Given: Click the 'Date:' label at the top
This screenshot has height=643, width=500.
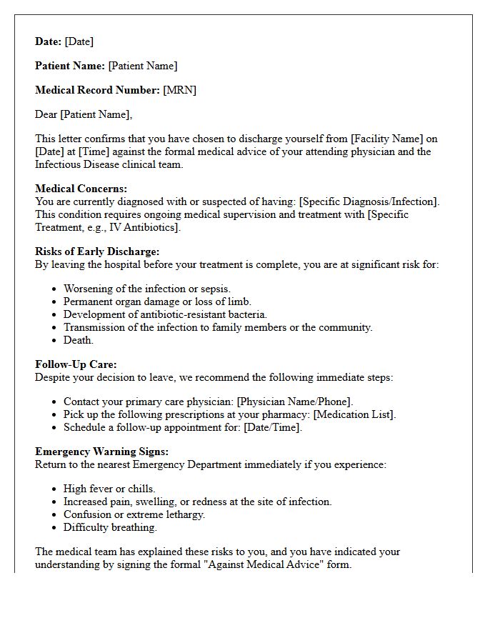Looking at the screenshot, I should pyautogui.click(x=49, y=41).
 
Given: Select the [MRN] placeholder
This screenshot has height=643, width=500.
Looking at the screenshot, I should pyautogui.click(x=179, y=90).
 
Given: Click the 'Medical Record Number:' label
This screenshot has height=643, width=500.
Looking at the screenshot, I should pyautogui.click(x=97, y=90).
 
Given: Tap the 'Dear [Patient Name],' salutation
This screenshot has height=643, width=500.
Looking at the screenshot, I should pyautogui.click(x=84, y=114).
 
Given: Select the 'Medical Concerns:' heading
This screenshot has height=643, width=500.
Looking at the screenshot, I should pyautogui.click(x=81, y=189).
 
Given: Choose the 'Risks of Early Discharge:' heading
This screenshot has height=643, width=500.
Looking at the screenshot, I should pyautogui.click(x=97, y=251).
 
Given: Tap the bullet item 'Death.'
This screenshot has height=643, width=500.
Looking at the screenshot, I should pyautogui.click(x=79, y=340).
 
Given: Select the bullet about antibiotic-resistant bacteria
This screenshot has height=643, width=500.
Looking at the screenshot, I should pyautogui.click(x=165, y=314).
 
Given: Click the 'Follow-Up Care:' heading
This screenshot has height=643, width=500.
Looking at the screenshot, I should pyautogui.click(x=76, y=364).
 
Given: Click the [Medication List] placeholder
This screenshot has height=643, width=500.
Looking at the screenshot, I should pyautogui.click(x=354, y=414).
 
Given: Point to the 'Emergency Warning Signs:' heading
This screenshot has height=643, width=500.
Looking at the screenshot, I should pyautogui.click(x=101, y=452).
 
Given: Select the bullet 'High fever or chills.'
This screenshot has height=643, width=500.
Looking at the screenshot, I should pyautogui.click(x=109, y=489).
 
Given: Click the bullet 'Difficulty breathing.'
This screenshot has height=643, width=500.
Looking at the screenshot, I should pyautogui.click(x=109, y=527).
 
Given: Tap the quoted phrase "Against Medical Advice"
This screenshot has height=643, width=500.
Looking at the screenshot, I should pyautogui.click(x=261, y=564).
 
